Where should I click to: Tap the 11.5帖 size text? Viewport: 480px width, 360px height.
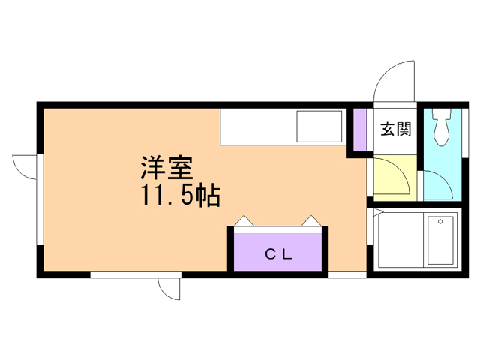tap(178, 196)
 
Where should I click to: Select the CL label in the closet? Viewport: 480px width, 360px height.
tap(278, 254)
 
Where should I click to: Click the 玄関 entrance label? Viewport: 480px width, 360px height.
tap(395, 129)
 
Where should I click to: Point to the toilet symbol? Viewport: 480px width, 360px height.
tap(440, 127)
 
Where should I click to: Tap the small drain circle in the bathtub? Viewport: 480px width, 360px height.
tap(442, 223)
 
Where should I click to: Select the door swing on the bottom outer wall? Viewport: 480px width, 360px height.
tap(169, 289)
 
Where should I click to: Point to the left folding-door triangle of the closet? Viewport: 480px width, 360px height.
tap(245, 221)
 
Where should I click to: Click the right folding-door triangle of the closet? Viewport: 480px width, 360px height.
tap(311, 221)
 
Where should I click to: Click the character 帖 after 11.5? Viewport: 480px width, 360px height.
tap(208, 196)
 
